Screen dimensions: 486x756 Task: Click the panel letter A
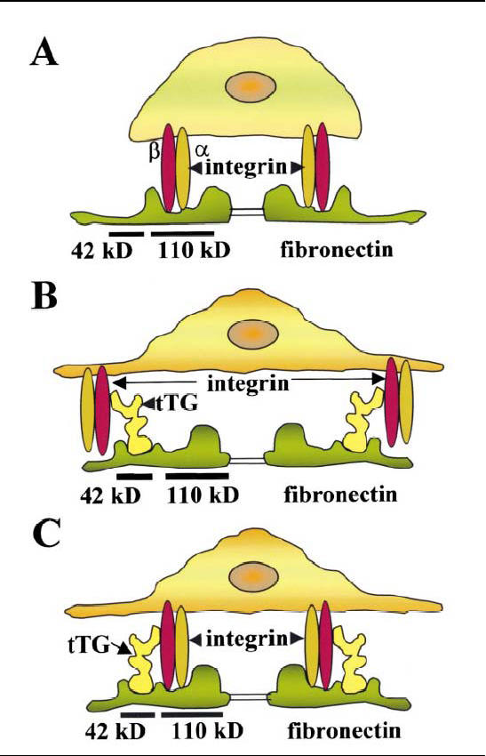[44, 52]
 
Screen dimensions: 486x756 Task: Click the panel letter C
[47, 535]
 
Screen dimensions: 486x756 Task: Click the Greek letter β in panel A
[154, 153]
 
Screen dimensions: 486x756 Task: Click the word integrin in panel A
[246, 167]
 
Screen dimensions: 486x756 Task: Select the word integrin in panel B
[248, 384]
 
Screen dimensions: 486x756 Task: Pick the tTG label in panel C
[89, 645]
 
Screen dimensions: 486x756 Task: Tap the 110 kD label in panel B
[203, 495]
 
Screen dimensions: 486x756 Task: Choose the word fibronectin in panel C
[344, 730]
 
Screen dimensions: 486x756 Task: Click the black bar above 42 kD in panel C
[138, 714]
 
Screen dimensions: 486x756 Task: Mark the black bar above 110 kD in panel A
[182, 234]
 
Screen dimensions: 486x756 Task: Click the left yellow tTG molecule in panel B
[131, 422]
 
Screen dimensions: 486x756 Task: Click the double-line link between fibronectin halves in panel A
[248, 212]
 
